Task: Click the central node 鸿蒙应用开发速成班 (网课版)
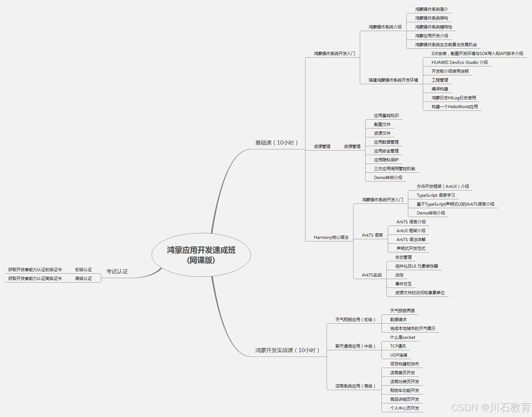pyautogui.click(x=201, y=255)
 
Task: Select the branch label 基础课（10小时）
pyautogui.click(x=276, y=143)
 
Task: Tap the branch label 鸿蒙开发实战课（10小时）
pyautogui.click(x=287, y=350)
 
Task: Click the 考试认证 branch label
pyautogui.click(x=117, y=271)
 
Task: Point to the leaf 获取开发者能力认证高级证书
pyautogui.click(x=35, y=278)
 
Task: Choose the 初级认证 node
pyautogui.click(x=84, y=270)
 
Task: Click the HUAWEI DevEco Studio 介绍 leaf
pyautogui.click(x=460, y=62)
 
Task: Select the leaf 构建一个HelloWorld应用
pyautogui.click(x=454, y=107)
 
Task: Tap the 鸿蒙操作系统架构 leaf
pyautogui.click(x=431, y=18)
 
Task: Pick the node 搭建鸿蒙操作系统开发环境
pyautogui.click(x=393, y=80)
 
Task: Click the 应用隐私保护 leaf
pyautogui.click(x=386, y=160)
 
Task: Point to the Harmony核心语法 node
pyautogui.click(x=331, y=237)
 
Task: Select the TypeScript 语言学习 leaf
pyautogui.click(x=436, y=195)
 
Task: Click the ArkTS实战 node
pyautogui.click(x=372, y=275)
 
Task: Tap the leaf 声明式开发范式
pyautogui.click(x=411, y=248)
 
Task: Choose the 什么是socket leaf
pyautogui.click(x=403, y=337)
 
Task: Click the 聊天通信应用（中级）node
pyautogui.click(x=355, y=346)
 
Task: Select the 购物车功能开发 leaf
pyautogui.click(x=404, y=390)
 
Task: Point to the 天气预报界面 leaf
pyautogui.click(x=402, y=311)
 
